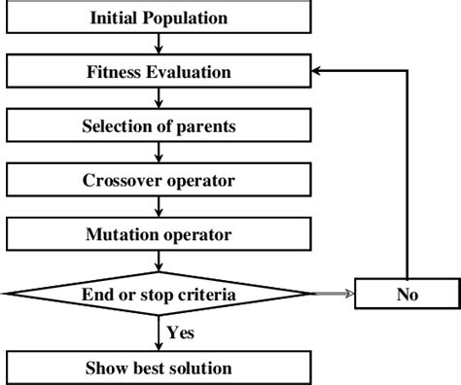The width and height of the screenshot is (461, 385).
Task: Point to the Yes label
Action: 181,332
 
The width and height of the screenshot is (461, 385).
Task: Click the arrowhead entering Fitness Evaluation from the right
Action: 318,71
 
